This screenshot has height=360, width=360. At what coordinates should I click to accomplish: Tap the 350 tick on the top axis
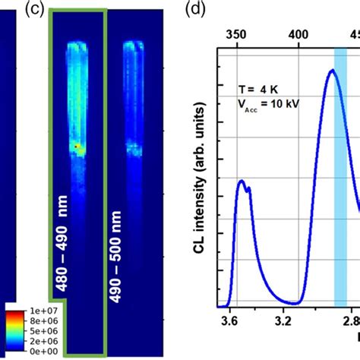click(x=237, y=35)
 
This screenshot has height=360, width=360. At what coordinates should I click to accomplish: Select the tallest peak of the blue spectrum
click(x=331, y=71)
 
